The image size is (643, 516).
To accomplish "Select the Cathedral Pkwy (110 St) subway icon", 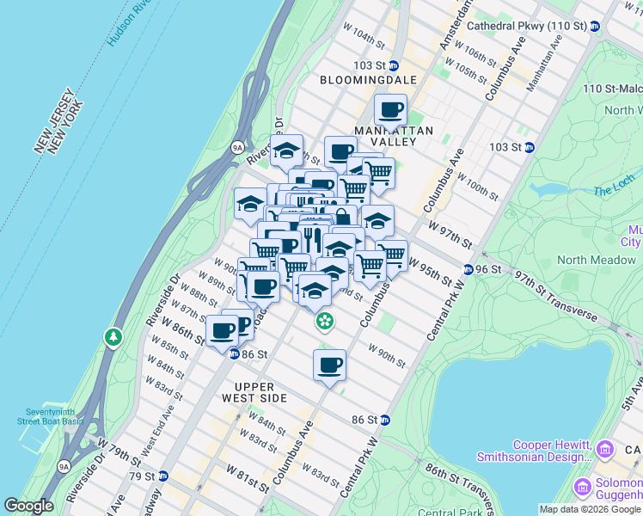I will coord(594,27).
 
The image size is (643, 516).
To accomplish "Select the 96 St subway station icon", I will coord(468,268).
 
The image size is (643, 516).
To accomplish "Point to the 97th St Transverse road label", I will coord(554,295).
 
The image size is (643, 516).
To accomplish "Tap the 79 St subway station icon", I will coord(162,476).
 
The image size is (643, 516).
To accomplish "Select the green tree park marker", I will coord(113,336).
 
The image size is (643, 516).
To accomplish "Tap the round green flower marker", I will coord(325,322).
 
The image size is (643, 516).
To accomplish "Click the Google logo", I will coord(28,506).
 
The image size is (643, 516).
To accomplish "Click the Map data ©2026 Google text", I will coord(590,509).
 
